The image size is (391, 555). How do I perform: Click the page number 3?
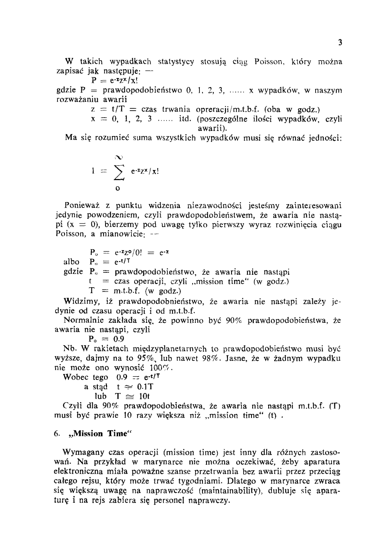(x=340, y=43)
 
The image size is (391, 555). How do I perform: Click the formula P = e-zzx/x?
(x=112, y=81)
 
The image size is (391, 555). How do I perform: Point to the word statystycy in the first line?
(x=176, y=62)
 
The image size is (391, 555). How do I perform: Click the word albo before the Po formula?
(x=71, y=262)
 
